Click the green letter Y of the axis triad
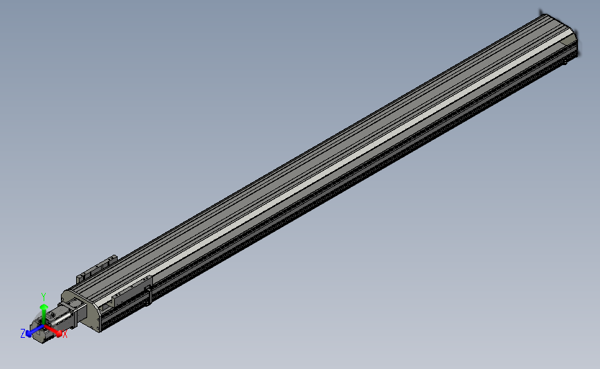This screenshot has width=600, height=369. [x=44, y=296]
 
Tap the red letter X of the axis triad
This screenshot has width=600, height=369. [x=65, y=334]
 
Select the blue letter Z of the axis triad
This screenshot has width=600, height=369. [x=24, y=333]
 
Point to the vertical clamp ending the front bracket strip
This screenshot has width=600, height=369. [x=148, y=289]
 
